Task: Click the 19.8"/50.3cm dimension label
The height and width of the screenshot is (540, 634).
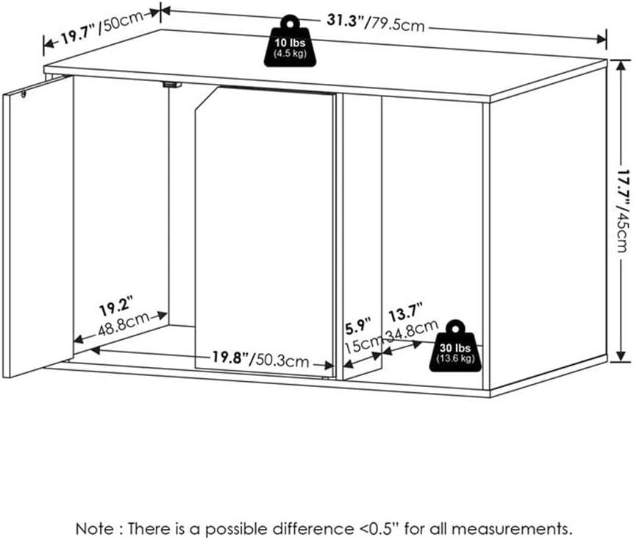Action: coord(261,360)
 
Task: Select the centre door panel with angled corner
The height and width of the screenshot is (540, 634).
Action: coord(265,221)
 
